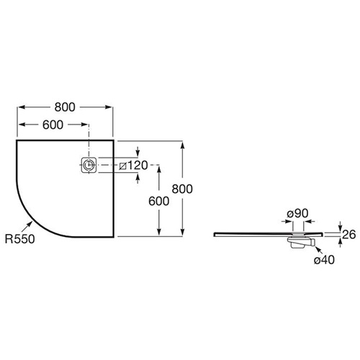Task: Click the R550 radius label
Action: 20,239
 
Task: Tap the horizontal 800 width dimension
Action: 65,107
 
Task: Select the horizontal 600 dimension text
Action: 53,125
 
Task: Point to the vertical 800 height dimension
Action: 182,189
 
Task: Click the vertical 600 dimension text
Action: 159,201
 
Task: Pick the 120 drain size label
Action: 138,166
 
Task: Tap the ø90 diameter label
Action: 297,213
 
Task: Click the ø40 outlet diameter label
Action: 324,260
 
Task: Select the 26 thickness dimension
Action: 348,235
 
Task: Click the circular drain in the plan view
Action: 89,165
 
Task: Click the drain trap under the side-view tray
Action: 301,243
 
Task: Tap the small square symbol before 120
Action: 123,166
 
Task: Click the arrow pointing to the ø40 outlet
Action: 318,250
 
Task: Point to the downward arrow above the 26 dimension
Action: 341,226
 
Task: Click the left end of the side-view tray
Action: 214,235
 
